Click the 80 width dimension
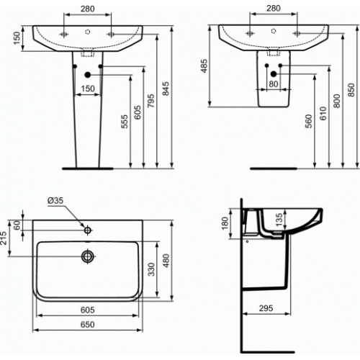(x=274, y=84)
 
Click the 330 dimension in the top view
(x=150, y=270)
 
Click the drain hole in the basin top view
(x=88, y=255)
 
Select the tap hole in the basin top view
(x=88, y=231)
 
